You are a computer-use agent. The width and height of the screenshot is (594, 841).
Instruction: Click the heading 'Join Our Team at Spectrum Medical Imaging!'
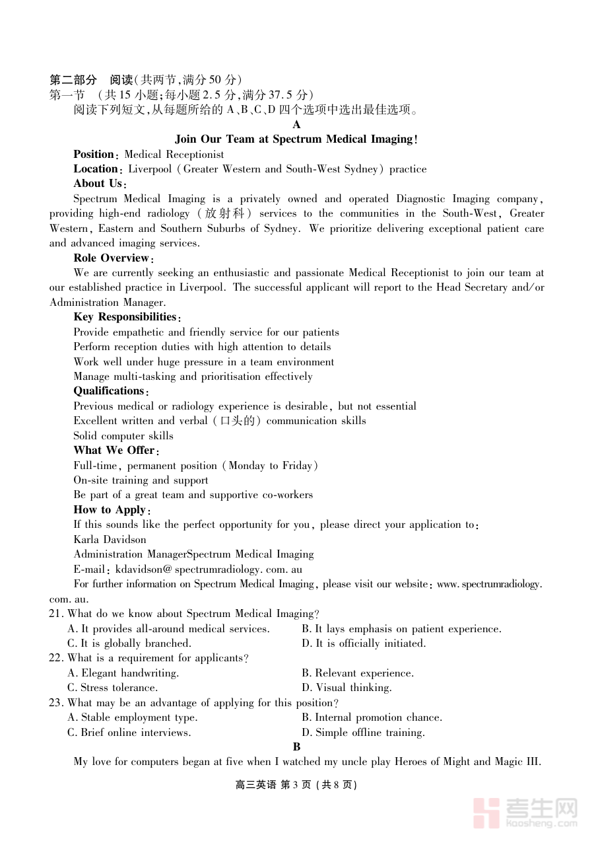pos(296,139)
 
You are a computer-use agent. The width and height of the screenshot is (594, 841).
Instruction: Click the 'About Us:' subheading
pos(100,184)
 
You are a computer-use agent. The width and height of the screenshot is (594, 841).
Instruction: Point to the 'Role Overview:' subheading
pos(114,258)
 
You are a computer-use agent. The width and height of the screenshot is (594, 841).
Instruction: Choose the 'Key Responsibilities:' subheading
pos(127,317)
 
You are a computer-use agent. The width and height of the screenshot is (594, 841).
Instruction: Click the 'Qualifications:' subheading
pos(111,391)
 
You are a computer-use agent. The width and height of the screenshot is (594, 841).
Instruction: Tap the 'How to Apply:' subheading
pos(112,510)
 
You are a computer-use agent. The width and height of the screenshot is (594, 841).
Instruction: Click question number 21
pos(56,614)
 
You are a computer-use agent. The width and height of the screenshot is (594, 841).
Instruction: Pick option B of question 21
pos(401,629)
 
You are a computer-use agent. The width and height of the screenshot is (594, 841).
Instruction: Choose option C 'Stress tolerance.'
pos(113,688)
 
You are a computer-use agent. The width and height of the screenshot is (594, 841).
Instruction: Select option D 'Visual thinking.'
pos(346,688)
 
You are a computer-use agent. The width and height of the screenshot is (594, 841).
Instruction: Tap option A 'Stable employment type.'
pos(133,717)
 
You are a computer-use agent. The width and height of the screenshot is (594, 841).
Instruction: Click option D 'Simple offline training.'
pos(363,733)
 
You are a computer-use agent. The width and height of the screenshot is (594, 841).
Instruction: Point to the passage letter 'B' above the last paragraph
pos(297,747)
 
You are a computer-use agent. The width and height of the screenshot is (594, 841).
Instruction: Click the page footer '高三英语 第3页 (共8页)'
pos(296,785)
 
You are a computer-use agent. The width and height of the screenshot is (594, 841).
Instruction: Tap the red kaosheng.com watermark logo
pos(525,813)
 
